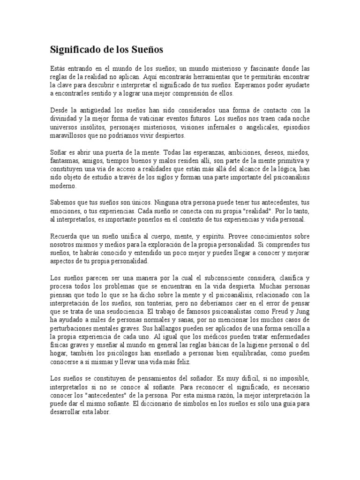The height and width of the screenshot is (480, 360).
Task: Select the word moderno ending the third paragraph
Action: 63,186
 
